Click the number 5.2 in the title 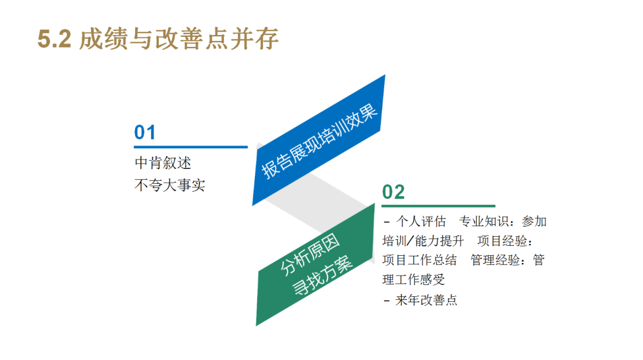click(55, 39)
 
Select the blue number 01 click(145, 133)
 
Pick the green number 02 click(394, 192)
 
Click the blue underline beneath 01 click(191, 146)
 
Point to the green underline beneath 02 click(438, 206)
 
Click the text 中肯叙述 click(163, 163)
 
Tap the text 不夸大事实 click(170, 185)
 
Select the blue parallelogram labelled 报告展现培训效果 click(319, 140)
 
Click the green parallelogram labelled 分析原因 click(315, 265)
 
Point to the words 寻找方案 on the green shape click(322, 276)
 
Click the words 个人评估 click(421, 221)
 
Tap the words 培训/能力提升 click(423, 240)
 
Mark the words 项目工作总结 click(420, 260)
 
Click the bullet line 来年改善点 click(420, 300)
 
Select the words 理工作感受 click(413, 280)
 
